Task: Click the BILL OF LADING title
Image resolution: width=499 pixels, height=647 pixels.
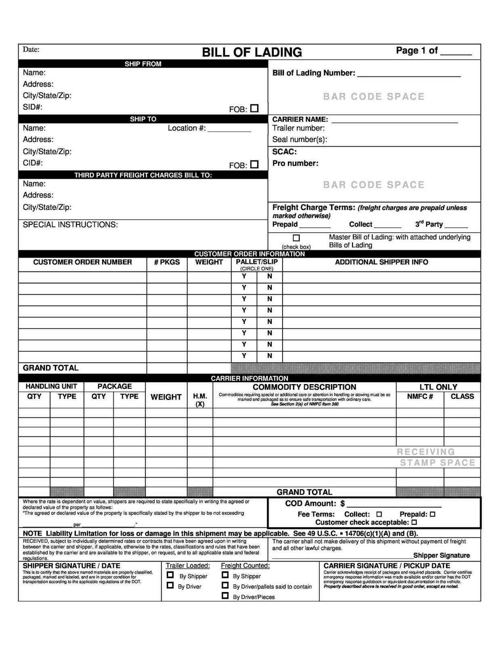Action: [252, 52]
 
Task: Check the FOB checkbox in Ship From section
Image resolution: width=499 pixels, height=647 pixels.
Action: [254, 108]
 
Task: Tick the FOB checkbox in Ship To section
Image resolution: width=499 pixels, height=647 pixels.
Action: [254, 164]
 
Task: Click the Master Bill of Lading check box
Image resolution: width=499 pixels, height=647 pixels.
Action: [296, 238]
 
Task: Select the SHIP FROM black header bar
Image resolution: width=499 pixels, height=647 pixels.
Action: [143, 64]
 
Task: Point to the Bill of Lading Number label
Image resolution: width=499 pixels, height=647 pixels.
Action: [314, 73]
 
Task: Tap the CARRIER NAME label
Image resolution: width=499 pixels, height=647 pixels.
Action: [300, 119]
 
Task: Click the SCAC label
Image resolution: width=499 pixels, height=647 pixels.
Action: [284, 152]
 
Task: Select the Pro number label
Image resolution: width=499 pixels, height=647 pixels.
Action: [295, 163]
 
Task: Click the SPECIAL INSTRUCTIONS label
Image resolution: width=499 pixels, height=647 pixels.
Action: [70, 224]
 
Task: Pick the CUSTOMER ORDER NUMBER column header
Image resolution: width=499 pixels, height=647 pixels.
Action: [82, 262]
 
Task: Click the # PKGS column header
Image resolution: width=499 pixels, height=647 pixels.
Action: [167, 262]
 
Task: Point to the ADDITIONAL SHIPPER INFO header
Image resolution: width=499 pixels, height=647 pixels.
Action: [382, 262]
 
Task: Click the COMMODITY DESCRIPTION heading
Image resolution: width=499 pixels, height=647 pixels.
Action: [304, 387]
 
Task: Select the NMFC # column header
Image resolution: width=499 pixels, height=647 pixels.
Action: [420, 397]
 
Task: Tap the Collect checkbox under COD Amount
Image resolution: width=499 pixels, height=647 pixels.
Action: [379, 514]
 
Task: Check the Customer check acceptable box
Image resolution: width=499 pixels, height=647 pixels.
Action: [414, 522]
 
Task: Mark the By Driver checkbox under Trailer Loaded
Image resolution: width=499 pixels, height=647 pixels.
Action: [170, 586]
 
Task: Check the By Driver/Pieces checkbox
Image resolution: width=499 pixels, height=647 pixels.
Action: [225, 596]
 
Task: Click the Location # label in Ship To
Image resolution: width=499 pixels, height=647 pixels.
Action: [187, 128]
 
